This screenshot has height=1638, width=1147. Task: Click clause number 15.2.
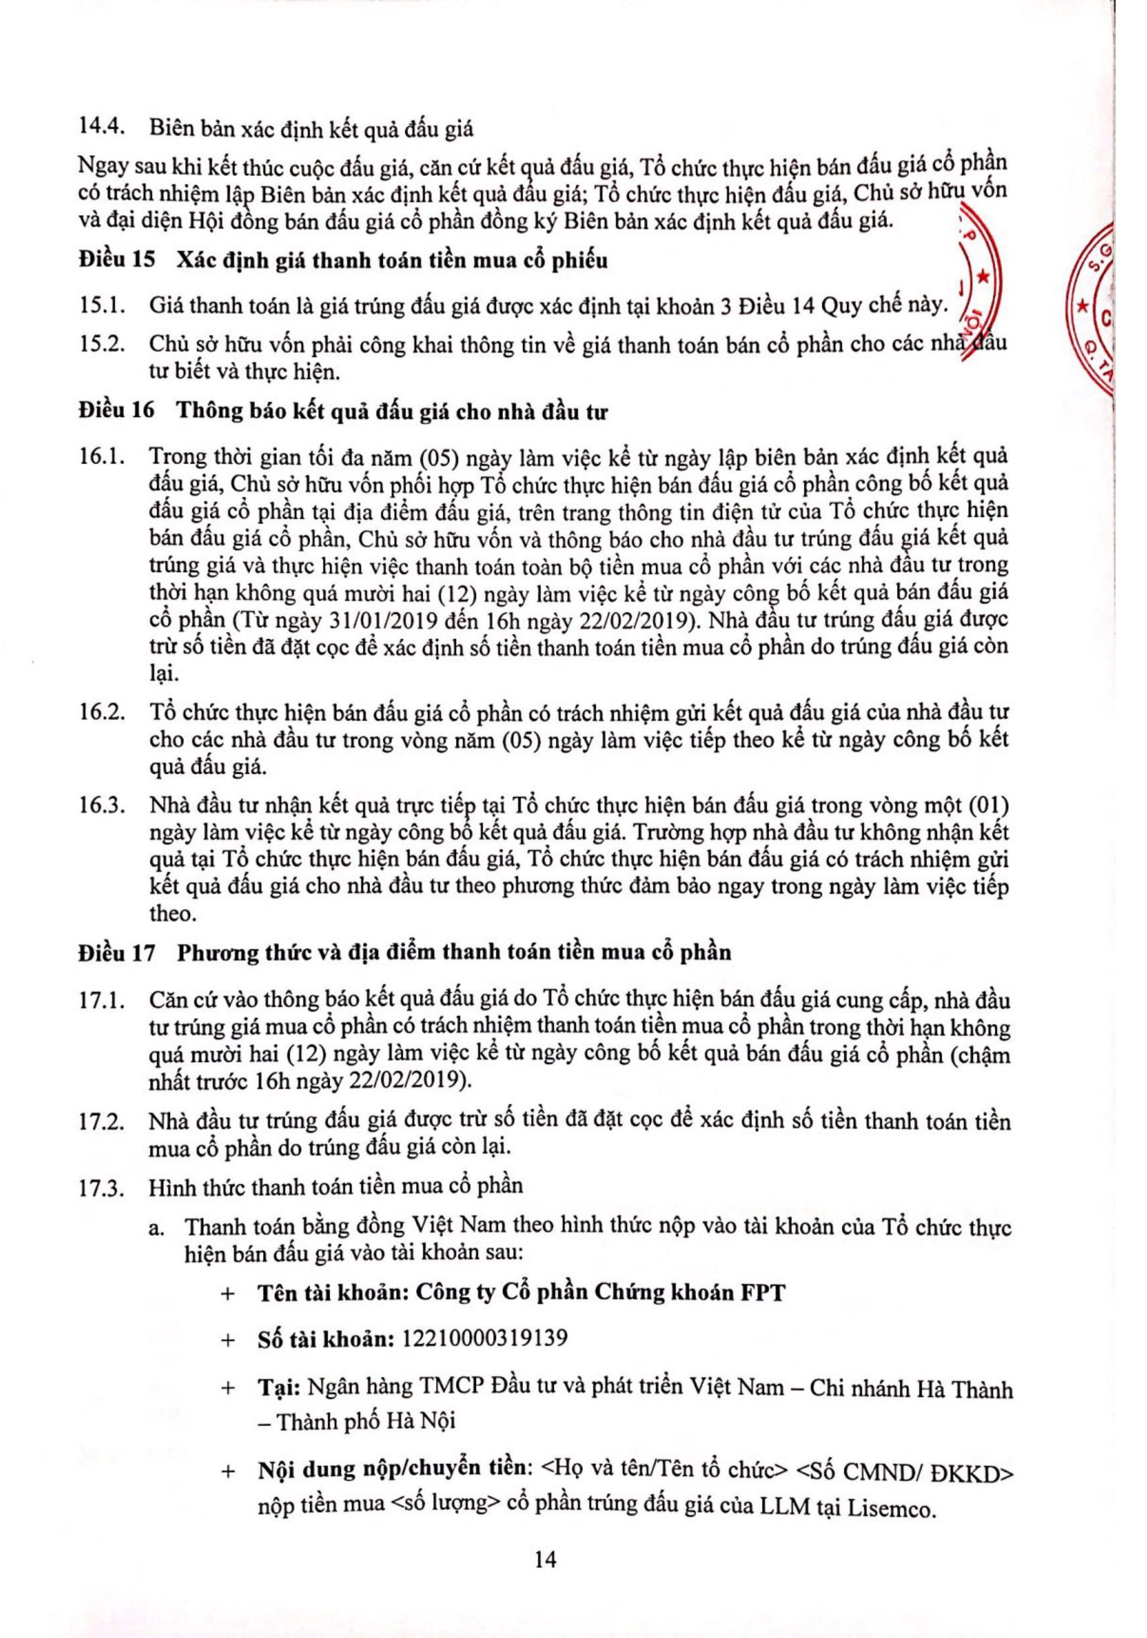tap(102, 343)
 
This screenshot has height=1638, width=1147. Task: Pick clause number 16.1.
tap(102, 456)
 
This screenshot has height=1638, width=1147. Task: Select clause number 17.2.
tap(102, 1121)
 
